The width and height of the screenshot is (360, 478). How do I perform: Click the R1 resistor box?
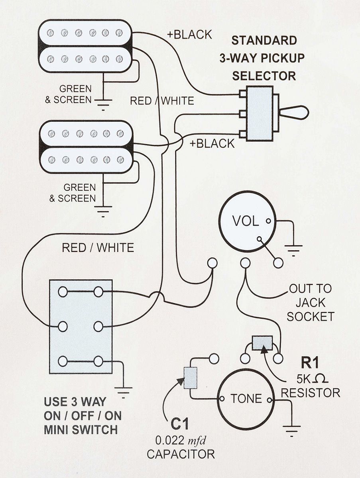tap(262, 343)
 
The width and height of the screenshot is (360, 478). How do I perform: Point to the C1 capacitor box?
tap(191, 378)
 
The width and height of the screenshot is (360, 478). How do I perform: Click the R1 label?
tap(310, 362)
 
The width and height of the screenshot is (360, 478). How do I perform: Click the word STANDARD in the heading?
tap(264, 41)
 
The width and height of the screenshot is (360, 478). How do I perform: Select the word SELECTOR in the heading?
tap(264, 76)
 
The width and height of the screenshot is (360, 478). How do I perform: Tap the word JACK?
tap(310, 302)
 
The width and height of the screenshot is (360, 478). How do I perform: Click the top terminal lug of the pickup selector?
tap(243, 94)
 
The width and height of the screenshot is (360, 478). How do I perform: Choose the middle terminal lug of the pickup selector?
tap(243, 114)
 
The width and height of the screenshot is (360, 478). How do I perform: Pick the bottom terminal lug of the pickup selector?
tap(243, 134)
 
